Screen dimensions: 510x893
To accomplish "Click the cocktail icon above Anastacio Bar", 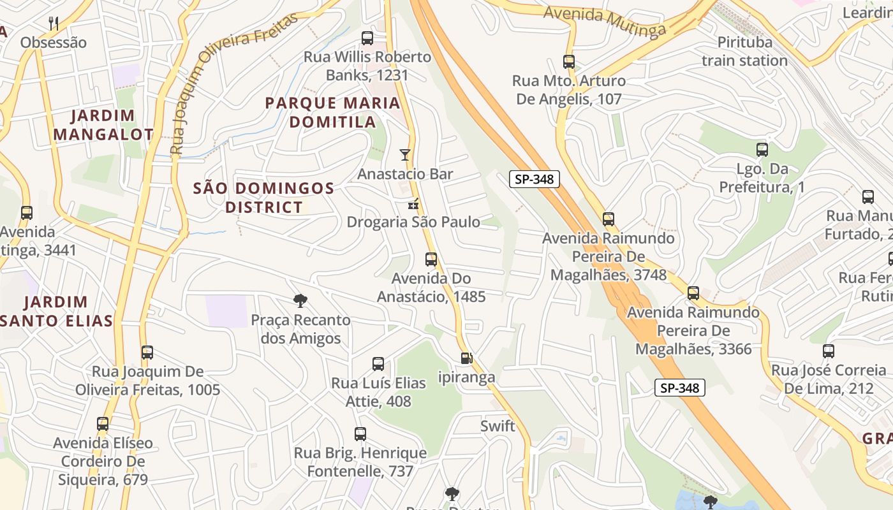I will click(x=404, y=155).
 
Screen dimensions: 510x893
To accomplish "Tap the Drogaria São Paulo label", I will click(x=413, y=222).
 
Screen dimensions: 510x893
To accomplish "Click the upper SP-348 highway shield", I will click(x=534, y=179).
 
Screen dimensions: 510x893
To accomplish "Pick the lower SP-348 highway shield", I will click(x=679, y=388).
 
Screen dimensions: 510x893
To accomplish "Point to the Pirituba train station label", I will click(x=744, y=52).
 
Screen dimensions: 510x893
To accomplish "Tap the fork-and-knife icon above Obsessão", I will click(x=54, y=24).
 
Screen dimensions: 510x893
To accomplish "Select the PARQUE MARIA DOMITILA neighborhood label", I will click(x=332, y=112).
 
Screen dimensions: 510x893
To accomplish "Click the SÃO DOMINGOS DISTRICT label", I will click(x=263, y=198).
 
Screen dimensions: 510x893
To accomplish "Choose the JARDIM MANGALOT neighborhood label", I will click(x=103, y=125).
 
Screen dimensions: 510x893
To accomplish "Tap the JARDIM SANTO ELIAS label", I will click(x=64, y=311).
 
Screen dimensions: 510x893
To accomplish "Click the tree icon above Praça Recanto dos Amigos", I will click(x=300, y=301).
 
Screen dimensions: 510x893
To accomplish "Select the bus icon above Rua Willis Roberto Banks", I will click(x=367, y=38).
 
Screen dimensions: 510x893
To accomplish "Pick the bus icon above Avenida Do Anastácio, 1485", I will click(x=431, y=259).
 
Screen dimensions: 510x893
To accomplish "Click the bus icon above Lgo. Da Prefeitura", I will click(x=762, y=150).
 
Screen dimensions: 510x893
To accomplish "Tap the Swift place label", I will click(x=498, y=426).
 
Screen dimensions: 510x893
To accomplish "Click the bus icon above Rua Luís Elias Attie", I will click(x=378, y=364).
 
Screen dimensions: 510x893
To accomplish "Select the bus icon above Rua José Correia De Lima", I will click(x=828, y=351).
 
